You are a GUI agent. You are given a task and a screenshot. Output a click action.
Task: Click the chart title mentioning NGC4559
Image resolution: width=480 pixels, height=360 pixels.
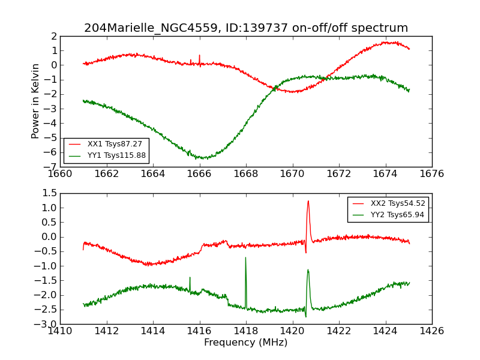(x=246, y=28)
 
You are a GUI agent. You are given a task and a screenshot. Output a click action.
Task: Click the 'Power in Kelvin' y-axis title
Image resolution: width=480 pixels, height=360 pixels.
(x=36, y=101)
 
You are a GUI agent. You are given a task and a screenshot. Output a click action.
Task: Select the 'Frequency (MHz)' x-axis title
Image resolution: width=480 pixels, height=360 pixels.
(x=246, y=343)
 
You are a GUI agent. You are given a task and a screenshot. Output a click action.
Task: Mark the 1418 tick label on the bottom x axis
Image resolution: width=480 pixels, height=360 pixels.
(x=245, y=331)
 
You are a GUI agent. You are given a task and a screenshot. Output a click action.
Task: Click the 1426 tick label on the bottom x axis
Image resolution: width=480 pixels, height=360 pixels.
(x=431, y=331)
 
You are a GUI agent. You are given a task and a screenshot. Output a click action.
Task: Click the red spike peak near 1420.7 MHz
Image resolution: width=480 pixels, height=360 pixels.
(x=308, y=202)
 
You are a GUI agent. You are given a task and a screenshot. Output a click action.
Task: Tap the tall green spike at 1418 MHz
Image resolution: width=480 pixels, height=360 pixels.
(x=245, y=258)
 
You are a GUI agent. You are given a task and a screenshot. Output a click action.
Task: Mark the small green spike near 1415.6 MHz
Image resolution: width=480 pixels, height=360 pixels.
(x=190, y=278)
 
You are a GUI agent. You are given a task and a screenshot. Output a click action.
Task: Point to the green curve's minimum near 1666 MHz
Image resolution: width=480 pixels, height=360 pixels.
(x=203, y=158)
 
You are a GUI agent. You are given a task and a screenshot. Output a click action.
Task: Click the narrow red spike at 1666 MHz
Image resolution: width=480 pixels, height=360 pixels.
(x=199, y=56)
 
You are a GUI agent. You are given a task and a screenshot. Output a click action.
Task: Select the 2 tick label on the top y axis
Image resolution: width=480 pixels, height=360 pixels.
(x=53, y=36)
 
